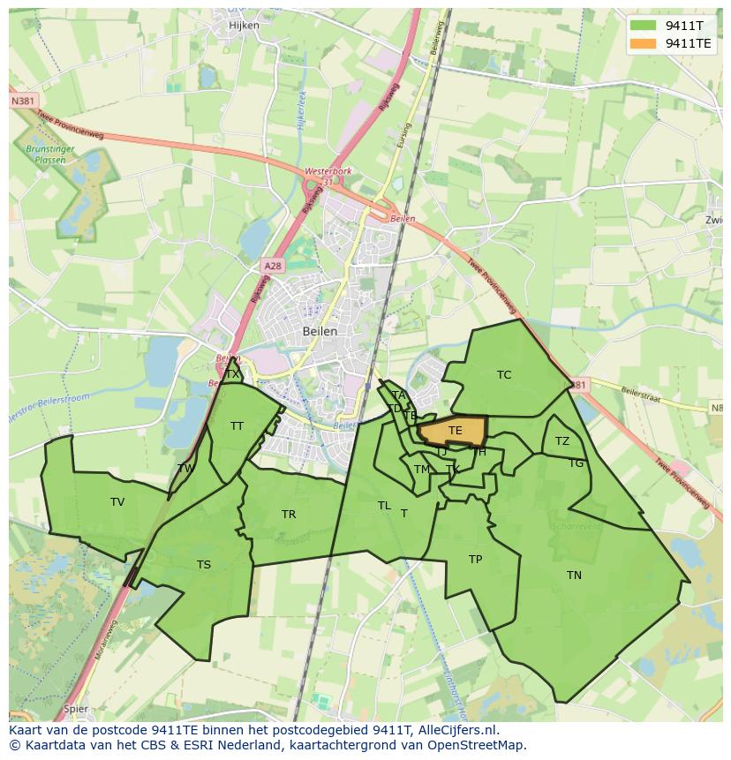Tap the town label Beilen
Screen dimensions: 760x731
click(320, 331)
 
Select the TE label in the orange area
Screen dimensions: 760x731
click(456, 431)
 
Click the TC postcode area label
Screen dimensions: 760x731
click(504, 375)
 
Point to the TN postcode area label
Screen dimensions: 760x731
click(574, 576)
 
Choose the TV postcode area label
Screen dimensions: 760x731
click(117, 502)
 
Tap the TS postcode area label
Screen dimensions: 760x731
click(204, 565)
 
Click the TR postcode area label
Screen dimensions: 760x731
click(289, 515)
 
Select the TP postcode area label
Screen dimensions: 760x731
click(475, 560)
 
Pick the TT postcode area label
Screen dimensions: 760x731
click(237, 426)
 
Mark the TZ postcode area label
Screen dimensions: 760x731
click(562, 441)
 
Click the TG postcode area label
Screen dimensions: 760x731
click(576, 463)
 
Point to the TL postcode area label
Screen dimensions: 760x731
click(384, 506)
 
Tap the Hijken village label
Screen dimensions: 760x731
click(244, 26)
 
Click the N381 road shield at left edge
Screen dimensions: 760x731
click(23, 102)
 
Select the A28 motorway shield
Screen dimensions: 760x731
click(272, 265)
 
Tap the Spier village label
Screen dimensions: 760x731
click(76, 708)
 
